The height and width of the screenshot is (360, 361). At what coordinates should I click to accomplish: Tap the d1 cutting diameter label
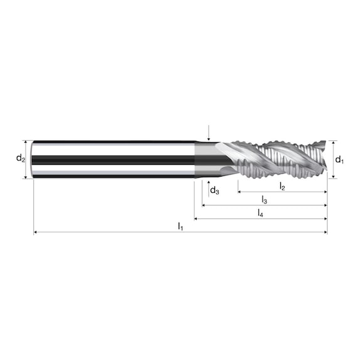click(339, 160)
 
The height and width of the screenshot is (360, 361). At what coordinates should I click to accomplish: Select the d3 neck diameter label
click(214, 190)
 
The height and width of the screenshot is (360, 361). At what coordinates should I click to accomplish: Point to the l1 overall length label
click(180, 225)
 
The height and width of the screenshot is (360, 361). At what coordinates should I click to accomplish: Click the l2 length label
click(283, 186)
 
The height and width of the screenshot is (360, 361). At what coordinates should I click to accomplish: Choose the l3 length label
click(264, 200)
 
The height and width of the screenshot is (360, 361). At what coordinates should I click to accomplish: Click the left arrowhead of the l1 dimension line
click(36, 232)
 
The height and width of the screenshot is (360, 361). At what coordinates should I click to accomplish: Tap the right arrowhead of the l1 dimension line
click(325, 232)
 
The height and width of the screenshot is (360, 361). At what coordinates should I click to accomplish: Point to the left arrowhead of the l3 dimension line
click(204, 205)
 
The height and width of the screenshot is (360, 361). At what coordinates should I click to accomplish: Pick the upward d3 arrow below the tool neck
click(209, 182)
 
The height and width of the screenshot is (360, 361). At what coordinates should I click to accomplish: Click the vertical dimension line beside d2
click(26, 160)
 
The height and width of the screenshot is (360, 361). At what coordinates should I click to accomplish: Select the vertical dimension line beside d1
click(333, 160)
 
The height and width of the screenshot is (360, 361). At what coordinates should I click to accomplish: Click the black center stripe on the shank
click(113, 160)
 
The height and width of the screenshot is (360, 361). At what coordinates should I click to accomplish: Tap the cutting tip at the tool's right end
click(323, 160)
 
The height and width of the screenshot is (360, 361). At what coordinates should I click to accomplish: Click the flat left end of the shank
click(33, 160)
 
